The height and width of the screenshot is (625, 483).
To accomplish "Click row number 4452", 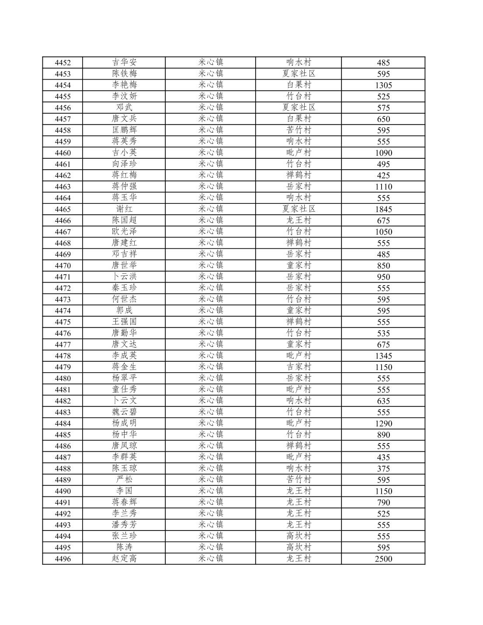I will [x=63, y=63].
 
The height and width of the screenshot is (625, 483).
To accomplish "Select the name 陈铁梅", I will [x=124, y=74].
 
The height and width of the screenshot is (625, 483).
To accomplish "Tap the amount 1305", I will [x=383, y=85].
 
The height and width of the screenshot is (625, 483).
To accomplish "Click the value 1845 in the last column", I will [x=383, y=209].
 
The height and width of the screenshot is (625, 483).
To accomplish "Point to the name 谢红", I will [x=124, y=209].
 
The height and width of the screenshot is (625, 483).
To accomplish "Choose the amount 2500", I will [x=383, y=559].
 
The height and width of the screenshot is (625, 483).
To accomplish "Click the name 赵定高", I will [x=124, y=559].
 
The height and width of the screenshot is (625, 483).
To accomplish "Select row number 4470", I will [x=63, y=265].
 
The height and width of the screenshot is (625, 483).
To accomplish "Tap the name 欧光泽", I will [x=124, y=232].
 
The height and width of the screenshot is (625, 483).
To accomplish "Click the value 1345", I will [x=383, y=356].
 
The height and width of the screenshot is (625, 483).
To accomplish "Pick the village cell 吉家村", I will [x=299, y=367].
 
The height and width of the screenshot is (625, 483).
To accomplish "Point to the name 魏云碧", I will [x=124, y=412].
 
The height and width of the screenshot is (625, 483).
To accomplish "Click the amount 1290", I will [x=383, y=423].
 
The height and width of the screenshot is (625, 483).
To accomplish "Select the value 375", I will [x=383, y=468].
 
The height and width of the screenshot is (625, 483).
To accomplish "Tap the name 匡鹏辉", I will [x=124, y=130].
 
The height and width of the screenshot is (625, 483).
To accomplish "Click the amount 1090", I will [x=383, y=153].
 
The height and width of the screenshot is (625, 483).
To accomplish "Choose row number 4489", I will [x=63, y=480].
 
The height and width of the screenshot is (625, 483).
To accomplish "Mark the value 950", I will [x=383, y=277].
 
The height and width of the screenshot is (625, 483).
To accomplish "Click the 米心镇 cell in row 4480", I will [x=211, y=378].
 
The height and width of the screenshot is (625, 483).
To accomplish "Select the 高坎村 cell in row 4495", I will [x=299, y=547].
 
